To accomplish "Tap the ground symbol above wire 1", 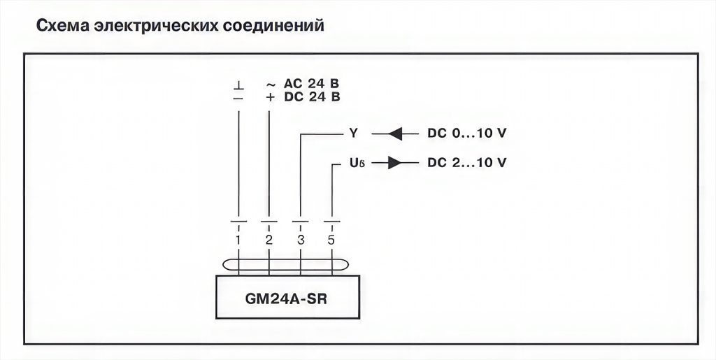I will pos(238,85).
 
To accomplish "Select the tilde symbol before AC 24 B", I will pos(270,84).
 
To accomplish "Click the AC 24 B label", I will pos(312,84).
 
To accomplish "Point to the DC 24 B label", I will pos(312,97).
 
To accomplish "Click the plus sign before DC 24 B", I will pos(270,97).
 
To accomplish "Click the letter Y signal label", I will pos(353,132).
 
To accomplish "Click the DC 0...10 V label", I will pos(466,132).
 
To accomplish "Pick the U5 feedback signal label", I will pos(355,163).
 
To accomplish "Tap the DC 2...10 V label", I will pos(466,163).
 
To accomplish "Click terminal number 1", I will pos(238,240).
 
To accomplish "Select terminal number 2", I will pos(269,240).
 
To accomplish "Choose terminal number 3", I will pos(301,240).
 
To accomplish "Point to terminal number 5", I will pos(331,240).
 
